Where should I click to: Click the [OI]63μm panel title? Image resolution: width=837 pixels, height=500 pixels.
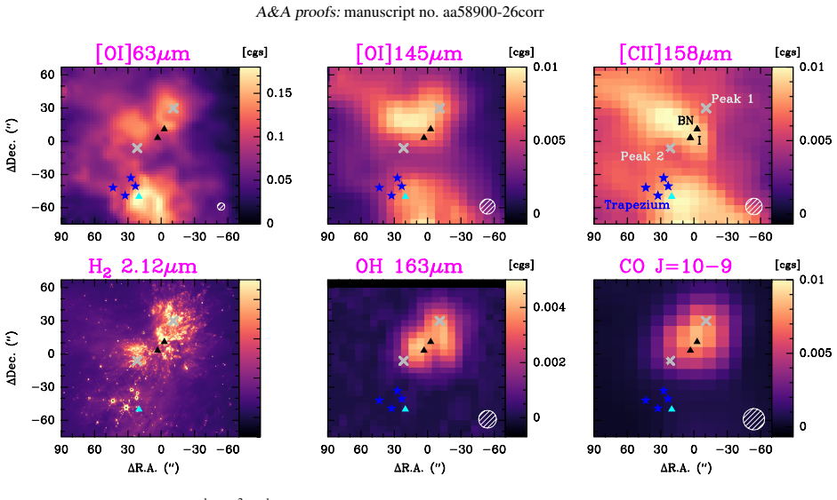pyautogui.click(x=142, y=54)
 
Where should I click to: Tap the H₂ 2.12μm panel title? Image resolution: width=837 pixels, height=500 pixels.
pyautogui.click(x=142, y=266)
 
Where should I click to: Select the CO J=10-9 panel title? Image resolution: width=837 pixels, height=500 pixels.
pyautogui.click(x=675, y=266)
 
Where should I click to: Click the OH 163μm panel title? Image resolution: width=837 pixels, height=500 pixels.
pyautogui.click(x=409, y=266)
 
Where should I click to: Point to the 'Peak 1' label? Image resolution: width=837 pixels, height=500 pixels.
pyautogui.click(x=732, y=99)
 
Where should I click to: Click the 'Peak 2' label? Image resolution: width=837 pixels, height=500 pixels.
pyautogui.click(x=642, y=156)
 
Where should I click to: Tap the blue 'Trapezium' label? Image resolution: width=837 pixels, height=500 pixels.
pyautogui.click(x=637, y=204)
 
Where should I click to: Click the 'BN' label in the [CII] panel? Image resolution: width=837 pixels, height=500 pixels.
pyautogui.click(x=686, y=121)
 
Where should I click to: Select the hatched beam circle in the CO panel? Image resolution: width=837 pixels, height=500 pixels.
pyautogui.click(x=753, y=418)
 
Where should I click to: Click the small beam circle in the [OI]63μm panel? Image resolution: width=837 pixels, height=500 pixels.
pyautogui.click(x=221, y=207)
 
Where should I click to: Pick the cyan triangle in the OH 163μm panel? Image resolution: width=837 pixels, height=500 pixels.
pyautogui.click(x=405, y=409)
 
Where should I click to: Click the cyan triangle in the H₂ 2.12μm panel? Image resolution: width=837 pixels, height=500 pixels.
pyautogui.click(x=140, y=409)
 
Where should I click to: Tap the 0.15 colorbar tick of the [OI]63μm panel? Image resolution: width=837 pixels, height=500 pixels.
pyautogui.click(x=279, y=93)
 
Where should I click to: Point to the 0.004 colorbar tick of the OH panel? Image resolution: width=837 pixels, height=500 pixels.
pyautogui.click(x=550, y=307)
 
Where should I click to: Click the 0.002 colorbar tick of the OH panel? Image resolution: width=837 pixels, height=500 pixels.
pyautogui.click(x=550, y=362)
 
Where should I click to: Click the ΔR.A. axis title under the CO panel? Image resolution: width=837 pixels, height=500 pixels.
pyautogui.click(x=686, y=468)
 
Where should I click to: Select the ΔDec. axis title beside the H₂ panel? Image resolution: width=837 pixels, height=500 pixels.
pyautogui.click(x=11, y=354)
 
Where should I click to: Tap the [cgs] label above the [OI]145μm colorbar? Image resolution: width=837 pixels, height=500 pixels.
pyautogui.click(x=521, y=52)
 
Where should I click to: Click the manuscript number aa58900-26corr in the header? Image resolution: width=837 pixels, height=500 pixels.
pyautogui.click(x=494, y=12)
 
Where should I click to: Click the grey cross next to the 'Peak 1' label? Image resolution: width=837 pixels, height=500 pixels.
pyautogui.click(x=706, y=108)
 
